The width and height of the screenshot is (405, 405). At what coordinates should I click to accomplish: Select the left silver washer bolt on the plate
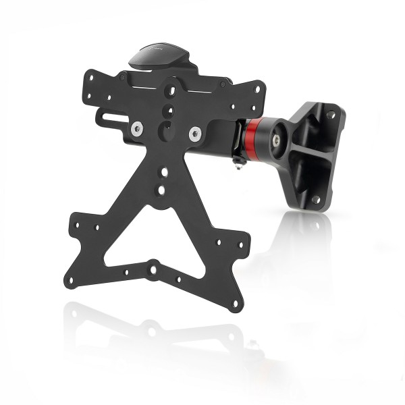(x=138, y=127)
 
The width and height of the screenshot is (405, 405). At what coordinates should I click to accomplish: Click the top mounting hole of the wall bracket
(x=331, y=115)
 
